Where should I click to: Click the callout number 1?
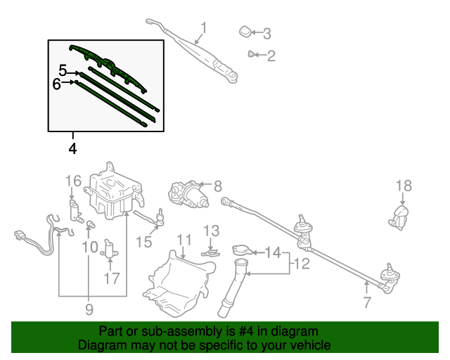point(204,28)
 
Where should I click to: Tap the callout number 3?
point(266,33)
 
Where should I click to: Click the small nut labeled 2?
point(250,53)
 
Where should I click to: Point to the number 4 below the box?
point(72,148)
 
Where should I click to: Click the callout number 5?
point(63,71)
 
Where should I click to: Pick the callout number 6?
point(57,84)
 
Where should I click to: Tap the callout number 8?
point(217,186)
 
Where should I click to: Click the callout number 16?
point(74,181)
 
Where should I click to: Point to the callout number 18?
point(403,186)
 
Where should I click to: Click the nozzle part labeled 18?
point(399,217)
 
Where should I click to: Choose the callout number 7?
point(366,304)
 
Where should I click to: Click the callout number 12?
point(301,264)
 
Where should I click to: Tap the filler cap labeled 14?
point(241,249)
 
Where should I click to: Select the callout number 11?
point(183,240)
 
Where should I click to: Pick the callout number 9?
point(89,308)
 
